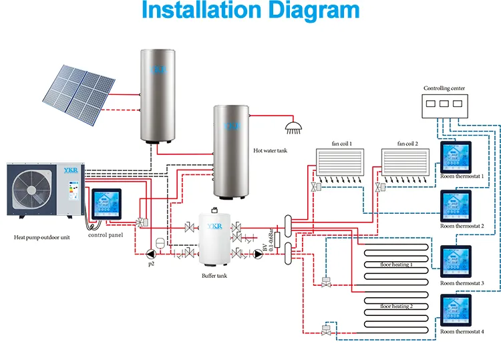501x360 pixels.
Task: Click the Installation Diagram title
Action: pos(251,11)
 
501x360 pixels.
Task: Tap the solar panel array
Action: pos(79,96)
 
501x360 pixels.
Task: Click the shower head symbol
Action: pos(292,126)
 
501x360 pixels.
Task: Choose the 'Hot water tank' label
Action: pos(271,151)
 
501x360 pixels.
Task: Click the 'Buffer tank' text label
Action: pos(214,275)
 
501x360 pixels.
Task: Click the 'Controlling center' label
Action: pos(444,88)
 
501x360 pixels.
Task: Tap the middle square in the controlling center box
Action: pos(444,105)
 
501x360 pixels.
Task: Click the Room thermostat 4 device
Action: pos(455,310)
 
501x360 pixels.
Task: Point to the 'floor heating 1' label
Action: pos(396,264)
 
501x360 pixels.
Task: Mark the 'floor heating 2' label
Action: pos(396,306)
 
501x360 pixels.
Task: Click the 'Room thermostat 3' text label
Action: pos(462,283)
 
